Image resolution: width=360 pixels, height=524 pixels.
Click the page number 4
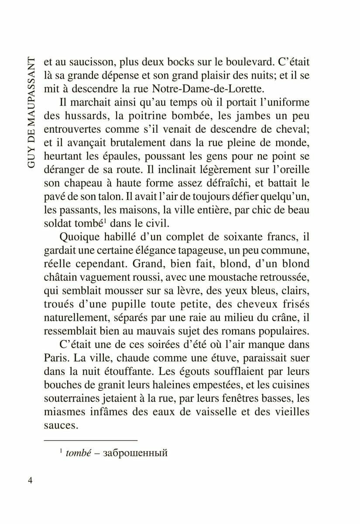30,480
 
